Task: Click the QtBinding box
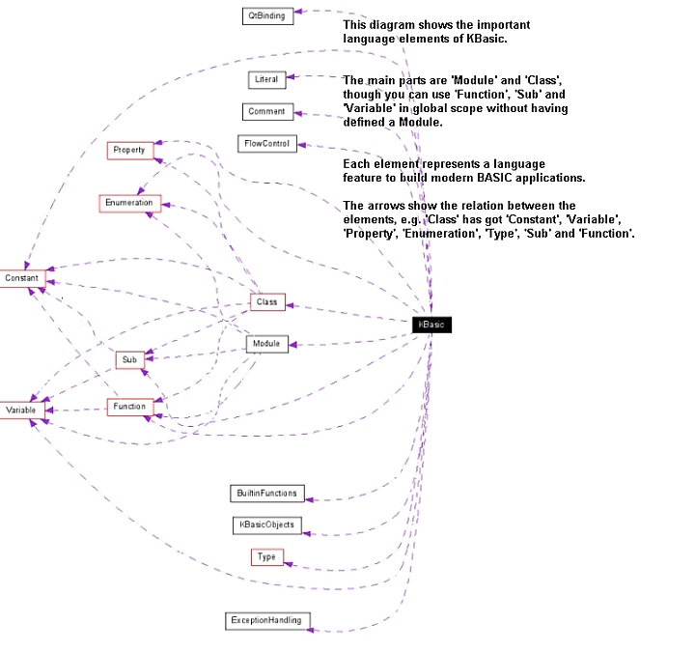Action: point(266,15)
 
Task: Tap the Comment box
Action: point(266,111)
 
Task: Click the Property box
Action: point(128,150)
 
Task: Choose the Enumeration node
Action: point(130,203)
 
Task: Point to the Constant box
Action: point(21,278)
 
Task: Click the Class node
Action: point(266,302)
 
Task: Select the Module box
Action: point(266,344)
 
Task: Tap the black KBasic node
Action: point(431,325)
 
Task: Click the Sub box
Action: point(128,359)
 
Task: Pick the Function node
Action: point(129,407)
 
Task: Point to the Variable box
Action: point(21,411)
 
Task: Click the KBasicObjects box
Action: point(267,525)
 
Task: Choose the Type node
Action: point(266,557)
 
